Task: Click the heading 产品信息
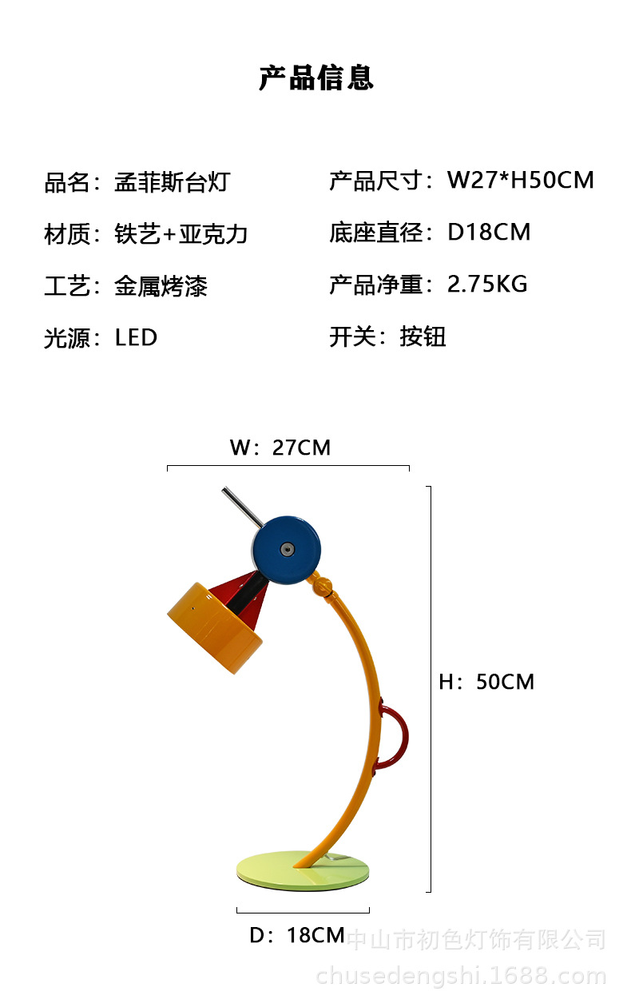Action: (x=315, y=78)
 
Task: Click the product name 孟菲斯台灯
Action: (x=172, y=181)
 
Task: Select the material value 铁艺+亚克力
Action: (x=181, y=234)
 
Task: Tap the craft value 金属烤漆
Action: (x=161, y=285)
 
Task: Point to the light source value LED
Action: (x=136, y=337)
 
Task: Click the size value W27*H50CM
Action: (x=520, y=180)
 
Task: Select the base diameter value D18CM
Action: (x=489, y=233)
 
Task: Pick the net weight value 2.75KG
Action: (x=487, y=284)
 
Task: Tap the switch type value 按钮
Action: (x=423, y=336)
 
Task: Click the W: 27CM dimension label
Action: (x=280, y=448)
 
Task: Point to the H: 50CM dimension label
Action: (x=486, y=682)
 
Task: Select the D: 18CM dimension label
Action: (x=297, y=935)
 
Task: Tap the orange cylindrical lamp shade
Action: (x=214, y=628)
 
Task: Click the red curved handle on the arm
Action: (x=396, y=735)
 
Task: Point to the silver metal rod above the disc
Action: (x=241, y=507)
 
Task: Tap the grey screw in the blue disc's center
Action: (x=286, y=548)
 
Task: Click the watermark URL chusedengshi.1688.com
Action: (x=461, y=976)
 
